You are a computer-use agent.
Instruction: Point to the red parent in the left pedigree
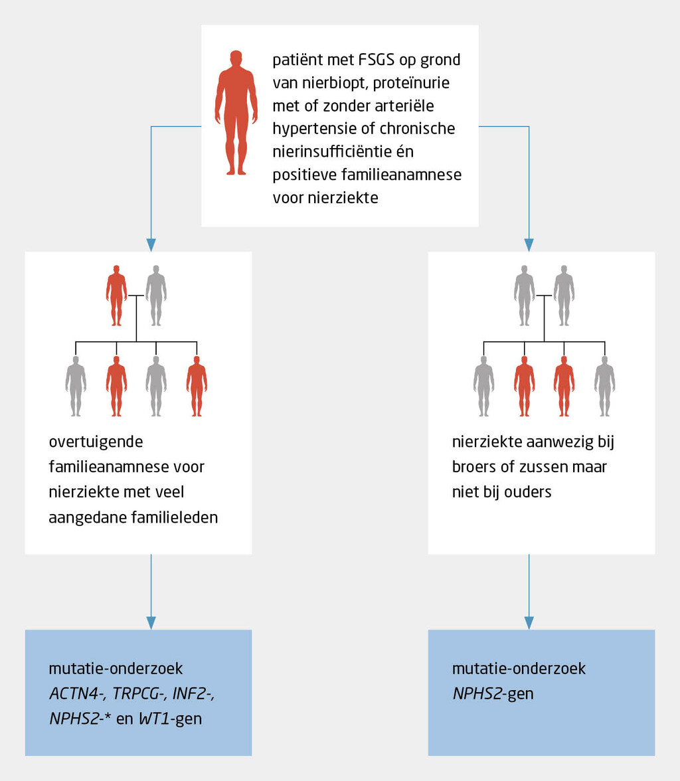[x=116, y=295]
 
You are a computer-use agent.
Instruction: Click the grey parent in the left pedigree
[x=156, y=295]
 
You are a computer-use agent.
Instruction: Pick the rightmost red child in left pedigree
[x=197, y=386]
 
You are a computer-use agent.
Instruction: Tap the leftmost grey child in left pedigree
[x=76, y=386]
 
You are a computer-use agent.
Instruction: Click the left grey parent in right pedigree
[x=524, y=295]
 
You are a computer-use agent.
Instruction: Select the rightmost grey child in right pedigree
[x=604, y=386]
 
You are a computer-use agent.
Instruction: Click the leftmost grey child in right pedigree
[x=483, y=386]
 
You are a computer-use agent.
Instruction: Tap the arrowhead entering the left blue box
[x=151, y=622]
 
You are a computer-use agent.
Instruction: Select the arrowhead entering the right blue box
[x=529, y=622]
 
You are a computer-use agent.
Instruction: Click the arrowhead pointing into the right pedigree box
[x=529, y=244]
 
